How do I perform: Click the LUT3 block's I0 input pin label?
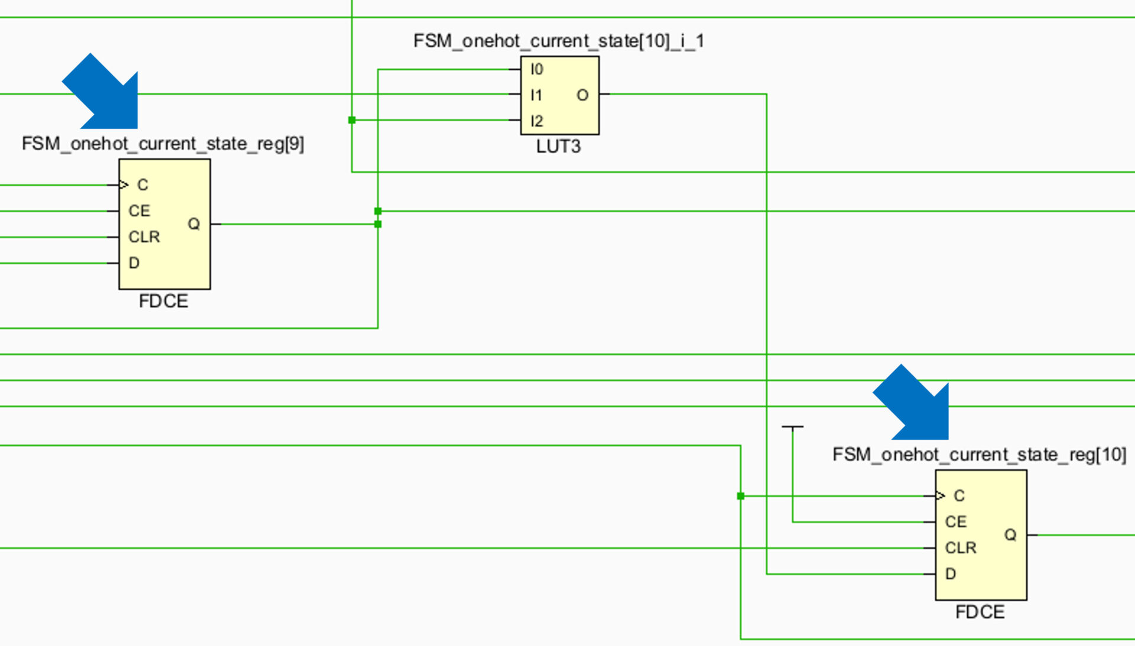click(536, 69)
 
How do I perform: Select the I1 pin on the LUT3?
click(536, 95)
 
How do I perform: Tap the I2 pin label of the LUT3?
click(536, 121)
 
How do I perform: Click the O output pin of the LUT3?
click(582, 95)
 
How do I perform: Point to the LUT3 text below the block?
click(558, 147)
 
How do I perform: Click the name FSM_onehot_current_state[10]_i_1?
click(558, 41)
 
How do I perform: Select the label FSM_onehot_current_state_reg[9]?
click(163, 144)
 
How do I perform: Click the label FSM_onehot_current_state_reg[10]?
click(979, 454)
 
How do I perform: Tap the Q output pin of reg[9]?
click(194, 224)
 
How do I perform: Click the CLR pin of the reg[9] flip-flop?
click(144, 237)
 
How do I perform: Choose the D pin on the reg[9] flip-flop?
click(134, 263)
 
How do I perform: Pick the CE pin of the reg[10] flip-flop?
click(955, 522)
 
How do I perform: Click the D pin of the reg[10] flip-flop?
click(951, 574)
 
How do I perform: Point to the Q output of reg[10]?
click(1010, 535)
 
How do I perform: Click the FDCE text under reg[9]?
click(163, 301)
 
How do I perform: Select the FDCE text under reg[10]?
click(980, 612)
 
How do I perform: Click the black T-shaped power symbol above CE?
click(792, 427)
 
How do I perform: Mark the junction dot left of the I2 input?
click(352, 120)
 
